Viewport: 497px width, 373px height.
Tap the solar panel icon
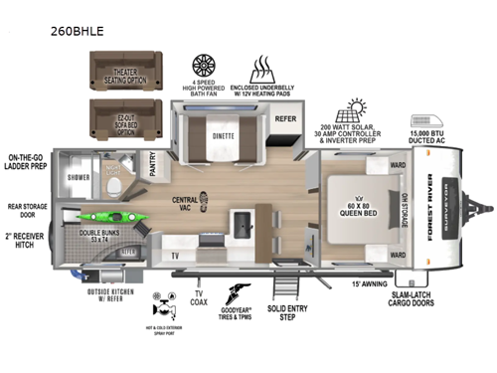357,111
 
